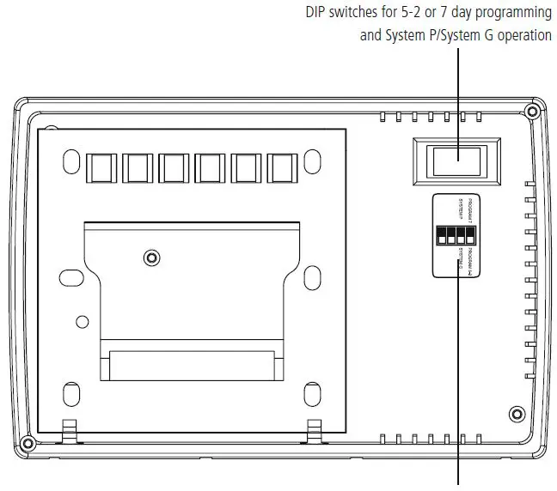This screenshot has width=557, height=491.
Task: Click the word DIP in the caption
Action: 318,13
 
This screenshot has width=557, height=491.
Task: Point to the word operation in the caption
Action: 520,36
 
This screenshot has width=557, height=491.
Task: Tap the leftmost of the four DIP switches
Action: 441,234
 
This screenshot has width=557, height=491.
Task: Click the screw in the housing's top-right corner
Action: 532,112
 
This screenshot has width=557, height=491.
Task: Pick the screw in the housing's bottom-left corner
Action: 27,444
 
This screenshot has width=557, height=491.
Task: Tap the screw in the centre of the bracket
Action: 151,257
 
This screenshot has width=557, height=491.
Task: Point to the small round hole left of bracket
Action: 82,321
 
